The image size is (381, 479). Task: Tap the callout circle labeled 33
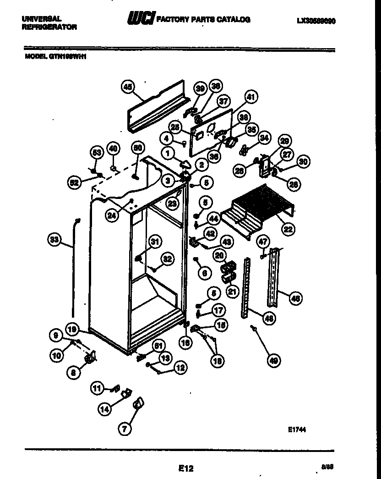click(x=54, y=239)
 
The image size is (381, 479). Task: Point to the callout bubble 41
click(x=251, y=97)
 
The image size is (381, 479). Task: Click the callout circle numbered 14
click(x=105, y=409)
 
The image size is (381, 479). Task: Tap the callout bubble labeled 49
click(x=273, y=361)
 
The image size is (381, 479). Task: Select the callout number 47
click(x=262, y=242)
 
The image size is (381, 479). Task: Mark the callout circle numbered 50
click(x=136, y=148)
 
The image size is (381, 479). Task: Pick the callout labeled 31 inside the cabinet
click(x=155, y=242)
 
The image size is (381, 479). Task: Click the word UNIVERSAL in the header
click(x=41, y=19)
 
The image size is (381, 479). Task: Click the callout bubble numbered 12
click(x=180, y=367)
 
